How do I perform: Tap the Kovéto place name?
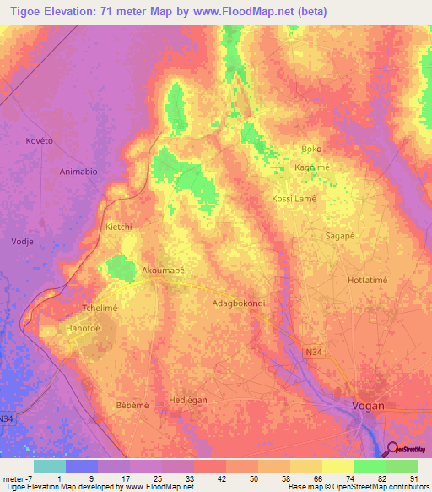point(40,140)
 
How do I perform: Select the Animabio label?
point(78,172)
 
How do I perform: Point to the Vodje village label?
point(23,240)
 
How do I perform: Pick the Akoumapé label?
point(164,271)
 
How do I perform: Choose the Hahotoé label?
point(84,329)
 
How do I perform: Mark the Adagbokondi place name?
point(239,302)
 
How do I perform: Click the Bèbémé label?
point(132,405)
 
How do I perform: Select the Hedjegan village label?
point(188,400)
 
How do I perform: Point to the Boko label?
point(312,149)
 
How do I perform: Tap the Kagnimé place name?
point(311,167)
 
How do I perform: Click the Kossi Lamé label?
point(294,199)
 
